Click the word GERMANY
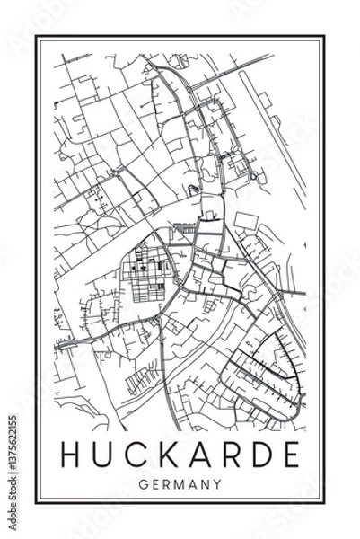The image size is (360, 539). [x=180, y=484]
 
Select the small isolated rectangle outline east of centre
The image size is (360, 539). [x=245, y=220]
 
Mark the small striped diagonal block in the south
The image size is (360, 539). [x=142, y=383]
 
